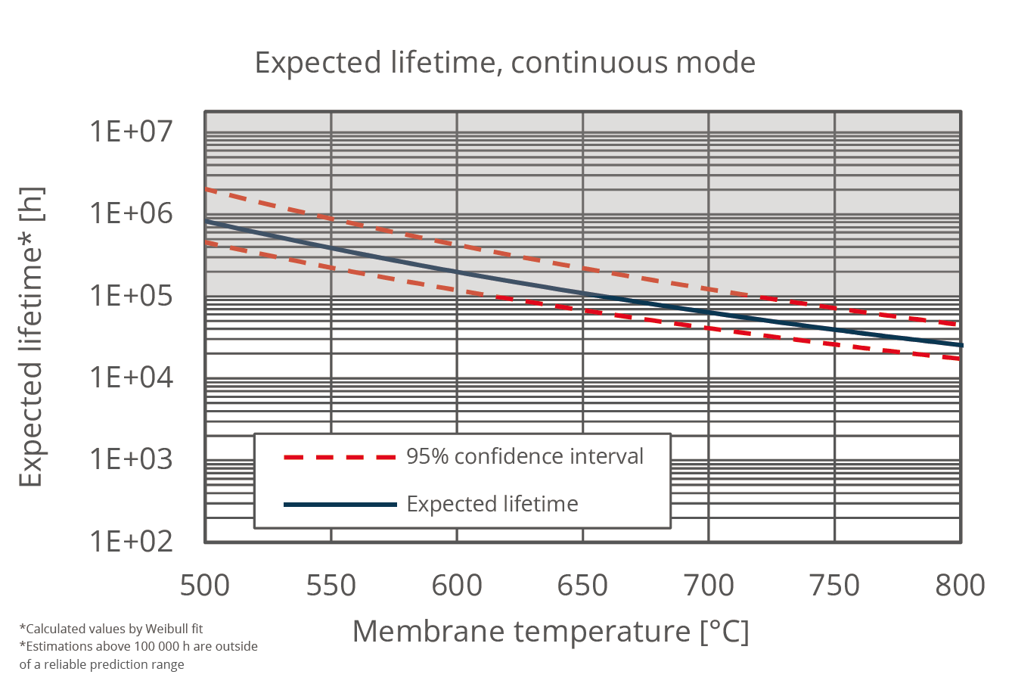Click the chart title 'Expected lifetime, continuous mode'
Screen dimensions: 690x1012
(504, 62)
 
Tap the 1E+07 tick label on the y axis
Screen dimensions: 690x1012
(131, 132)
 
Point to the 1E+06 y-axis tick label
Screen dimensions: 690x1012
(131, 213)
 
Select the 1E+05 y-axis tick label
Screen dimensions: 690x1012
(131, 295)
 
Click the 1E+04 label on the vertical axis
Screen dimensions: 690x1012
(131, 377)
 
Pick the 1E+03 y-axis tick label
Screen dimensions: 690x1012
(131, 459)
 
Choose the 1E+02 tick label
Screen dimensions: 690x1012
(131, 541)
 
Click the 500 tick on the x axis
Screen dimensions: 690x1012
(205, 586)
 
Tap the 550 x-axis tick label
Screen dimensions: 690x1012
(331, 586)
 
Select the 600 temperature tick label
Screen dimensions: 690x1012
(457, 586)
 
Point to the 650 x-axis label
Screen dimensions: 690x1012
(582, 586)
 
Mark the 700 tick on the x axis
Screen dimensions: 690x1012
(709, 586)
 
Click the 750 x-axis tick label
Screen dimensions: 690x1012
(834, 586)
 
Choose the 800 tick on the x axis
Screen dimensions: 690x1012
(960, 586)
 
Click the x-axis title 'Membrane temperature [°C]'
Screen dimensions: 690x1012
(551, 632)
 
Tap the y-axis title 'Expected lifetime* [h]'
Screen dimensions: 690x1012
(32, 337)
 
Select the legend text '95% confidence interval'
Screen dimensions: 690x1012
(525, 456)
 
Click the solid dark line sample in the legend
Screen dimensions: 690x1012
(340, 504)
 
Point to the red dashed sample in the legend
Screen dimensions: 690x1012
(340, 457)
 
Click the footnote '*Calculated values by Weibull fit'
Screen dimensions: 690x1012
(111, 629)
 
